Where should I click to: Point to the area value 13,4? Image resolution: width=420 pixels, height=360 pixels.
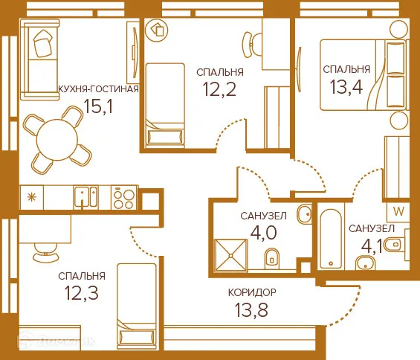[x=346, y=88]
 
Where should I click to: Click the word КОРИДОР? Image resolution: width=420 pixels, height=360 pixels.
[x=252, y=292]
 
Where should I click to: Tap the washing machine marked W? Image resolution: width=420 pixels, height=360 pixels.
[x=398, y=210]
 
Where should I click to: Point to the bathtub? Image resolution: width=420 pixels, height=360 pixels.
[x=329, y=238]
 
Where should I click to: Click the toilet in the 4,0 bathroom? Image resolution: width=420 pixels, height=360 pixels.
[x=272, y=257]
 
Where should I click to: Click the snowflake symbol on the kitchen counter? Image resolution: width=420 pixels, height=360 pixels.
[x=32, y=197]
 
